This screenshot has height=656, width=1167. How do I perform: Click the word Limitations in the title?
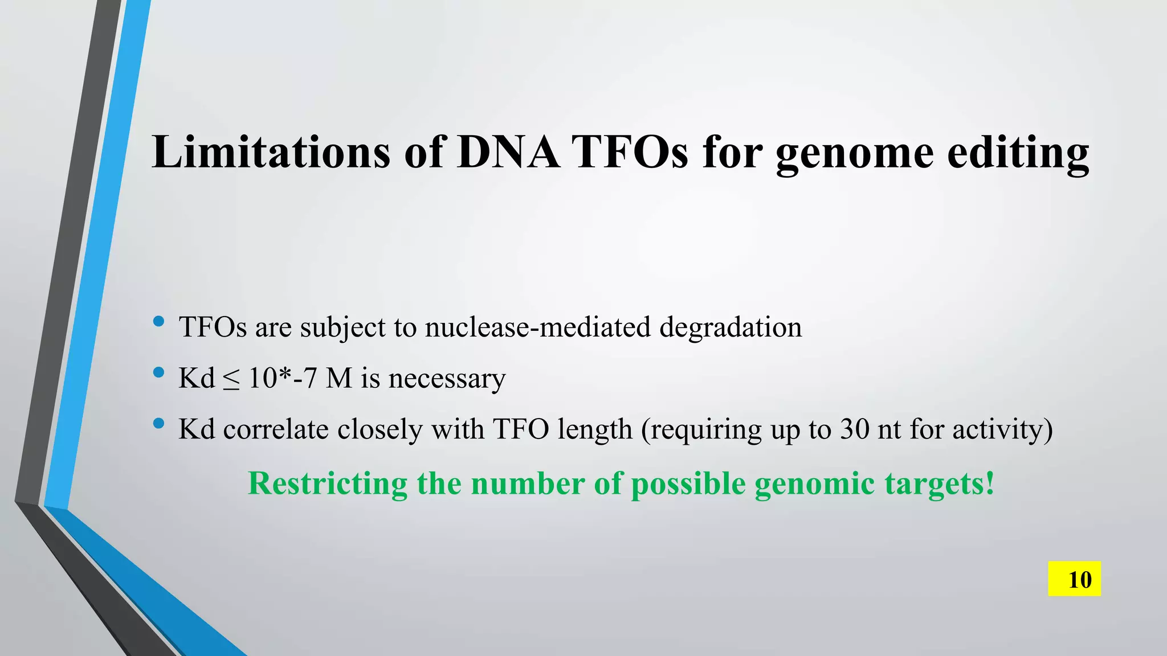(x=271, y=152)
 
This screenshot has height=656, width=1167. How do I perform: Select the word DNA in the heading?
(x=508, y=152)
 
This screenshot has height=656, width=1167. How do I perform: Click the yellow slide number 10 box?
(x=1074, y=579)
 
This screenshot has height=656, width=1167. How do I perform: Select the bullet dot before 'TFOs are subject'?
(x=159, y=322)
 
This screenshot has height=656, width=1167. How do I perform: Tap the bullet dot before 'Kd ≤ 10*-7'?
(x=159, y=373)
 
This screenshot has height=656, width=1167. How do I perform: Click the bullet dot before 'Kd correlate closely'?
(x=159, y=424)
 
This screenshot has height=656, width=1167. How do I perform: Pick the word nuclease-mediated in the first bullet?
(x=537, y=327)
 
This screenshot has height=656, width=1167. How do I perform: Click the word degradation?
(x=731, y=327)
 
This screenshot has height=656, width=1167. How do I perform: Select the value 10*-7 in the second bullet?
(x=283, y=378)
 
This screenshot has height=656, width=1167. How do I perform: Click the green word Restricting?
(x=328, y=484)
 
